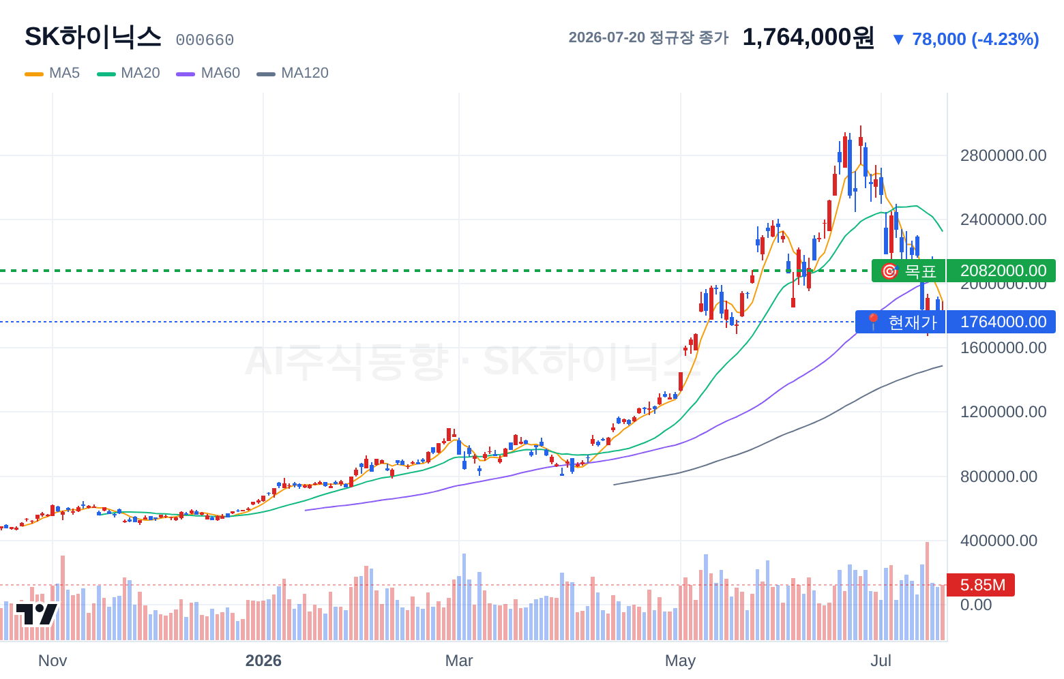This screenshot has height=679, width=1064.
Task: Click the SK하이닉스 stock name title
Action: click(x=93, y=37)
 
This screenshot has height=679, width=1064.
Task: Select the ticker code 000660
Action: click(x=205, y=40)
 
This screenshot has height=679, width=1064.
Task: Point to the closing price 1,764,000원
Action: click(x=808, y=37)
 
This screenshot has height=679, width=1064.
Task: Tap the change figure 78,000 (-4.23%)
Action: click(x=966, y=39)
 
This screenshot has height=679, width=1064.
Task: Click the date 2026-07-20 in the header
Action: click(x=606, y=37)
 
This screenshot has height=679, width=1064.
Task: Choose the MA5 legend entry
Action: click(x=53, y=73)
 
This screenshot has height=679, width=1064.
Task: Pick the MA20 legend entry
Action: click(x=128, y=73)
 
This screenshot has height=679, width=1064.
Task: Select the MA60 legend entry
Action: click(x=208, y=73)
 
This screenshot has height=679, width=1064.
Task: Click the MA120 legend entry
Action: click(x=293, y=73)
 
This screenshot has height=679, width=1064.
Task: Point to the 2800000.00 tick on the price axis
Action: click(x=1003, y=155)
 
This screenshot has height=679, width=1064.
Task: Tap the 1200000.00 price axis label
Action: click(x=1003, y=412)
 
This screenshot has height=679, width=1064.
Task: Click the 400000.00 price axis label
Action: click(x=999, y=541)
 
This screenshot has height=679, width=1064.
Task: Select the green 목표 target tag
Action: click(x=908, y=271)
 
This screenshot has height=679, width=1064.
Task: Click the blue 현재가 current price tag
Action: click(x=900, y=322)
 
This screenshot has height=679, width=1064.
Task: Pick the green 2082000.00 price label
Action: click(x=1001, y=271)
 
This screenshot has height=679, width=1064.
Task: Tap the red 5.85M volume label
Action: click(x=981, y=585)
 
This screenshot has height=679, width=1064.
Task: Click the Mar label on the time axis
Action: click(x=459, y=661)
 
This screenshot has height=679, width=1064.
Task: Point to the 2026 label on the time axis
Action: click(x=263, y=661)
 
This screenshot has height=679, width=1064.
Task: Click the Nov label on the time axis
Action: click(x=53, y=661)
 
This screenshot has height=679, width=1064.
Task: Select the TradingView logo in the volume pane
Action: click(x=37, y=614)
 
